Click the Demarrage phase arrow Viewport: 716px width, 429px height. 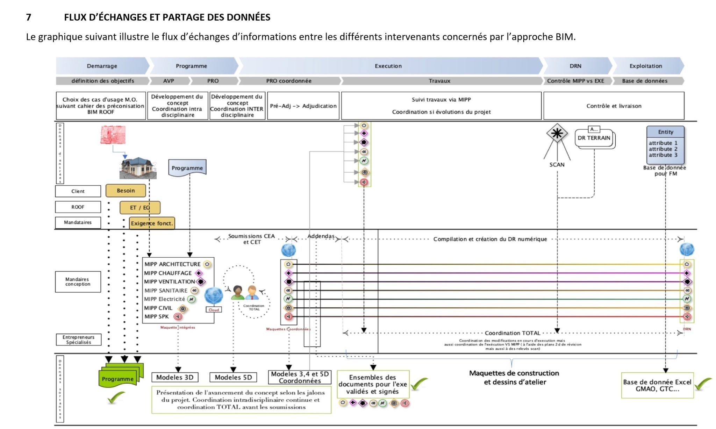pyautogui.click(x=102, y=66)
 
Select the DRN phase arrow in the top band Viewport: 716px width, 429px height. pyautogui.click(x=575, y=66)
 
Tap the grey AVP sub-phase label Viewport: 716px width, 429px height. pyautogui.click(x=169, y=81)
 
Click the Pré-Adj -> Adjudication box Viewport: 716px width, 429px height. pyautogui.click(x=303, y=106)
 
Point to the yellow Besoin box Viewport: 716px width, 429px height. pyautogui.click(x=126, y=191)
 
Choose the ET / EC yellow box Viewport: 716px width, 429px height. pyautogui.click(x=140, y=207)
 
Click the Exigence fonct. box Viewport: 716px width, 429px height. pyautogui.click(x=152, y=223)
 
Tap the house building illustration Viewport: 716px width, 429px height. pyautogui.click(x=138, y=168)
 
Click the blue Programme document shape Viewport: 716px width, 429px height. pyautogui.click(x=187, y=168)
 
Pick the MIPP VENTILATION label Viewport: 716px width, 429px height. pyautogui.click(x=170, y=281)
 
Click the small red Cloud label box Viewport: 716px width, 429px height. pyautogui.click(x=214, y=310)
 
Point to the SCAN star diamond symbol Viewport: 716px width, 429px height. pyautogui.click(x=557, y=133)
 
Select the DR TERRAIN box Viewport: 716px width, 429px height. pyautogui.click(x=594, y=138)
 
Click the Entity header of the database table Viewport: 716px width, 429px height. pyautogui.click(x=665, y=132)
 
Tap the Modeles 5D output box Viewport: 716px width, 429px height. pyautogui.click(x=233, y=377)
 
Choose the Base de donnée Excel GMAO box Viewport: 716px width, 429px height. pyautogui.click(x=657, y=385)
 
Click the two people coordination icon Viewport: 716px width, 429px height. pyautogui.click(x=245, y=293)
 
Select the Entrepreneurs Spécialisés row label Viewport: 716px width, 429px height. pyautogui.click(x=78, y=339)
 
